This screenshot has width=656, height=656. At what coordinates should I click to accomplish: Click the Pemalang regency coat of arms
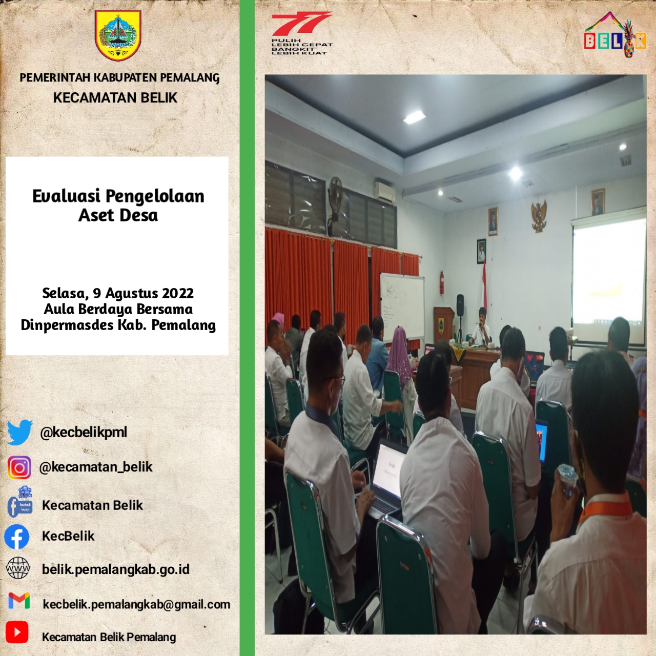pos(118,35)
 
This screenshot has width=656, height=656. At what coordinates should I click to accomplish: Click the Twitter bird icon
pos(20,433)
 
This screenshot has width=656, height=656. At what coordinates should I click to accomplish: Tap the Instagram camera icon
pos(19,468)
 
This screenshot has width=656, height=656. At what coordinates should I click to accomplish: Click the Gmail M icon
pos(19,601)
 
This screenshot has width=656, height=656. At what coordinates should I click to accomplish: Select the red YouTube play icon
pos(17,632)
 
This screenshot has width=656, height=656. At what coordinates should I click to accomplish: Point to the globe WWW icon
pos(18,568)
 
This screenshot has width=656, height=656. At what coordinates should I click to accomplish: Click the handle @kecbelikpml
pos(84,433)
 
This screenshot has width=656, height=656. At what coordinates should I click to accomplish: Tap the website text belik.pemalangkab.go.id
pos(116,569)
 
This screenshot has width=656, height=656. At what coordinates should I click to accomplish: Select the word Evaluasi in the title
pos(66,196)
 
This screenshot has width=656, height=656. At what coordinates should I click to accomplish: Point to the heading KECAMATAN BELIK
pos(115,98)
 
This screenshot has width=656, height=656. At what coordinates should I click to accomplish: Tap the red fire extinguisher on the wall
pos(442,282)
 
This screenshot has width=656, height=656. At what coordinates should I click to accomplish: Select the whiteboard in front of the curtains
pos(402,306)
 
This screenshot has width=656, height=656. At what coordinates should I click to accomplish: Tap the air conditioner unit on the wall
pos(385,192)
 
